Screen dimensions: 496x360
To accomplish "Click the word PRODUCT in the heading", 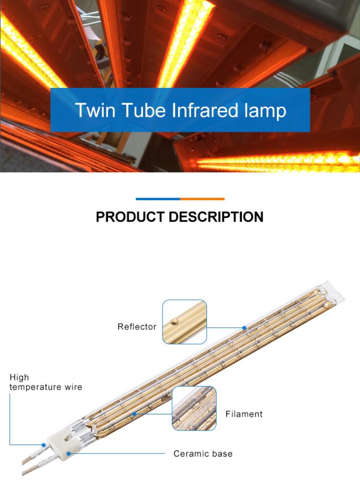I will pyautogui.click(x=130, y=217).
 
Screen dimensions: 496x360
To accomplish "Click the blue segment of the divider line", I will pyautogui.click(x=158, y=199).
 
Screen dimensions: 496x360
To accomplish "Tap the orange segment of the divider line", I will pyautogui.click(x=202, y=199).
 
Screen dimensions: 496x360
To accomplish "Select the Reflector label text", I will pyautogui.click(x=137, y=327).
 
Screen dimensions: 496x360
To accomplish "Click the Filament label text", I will pyautogui.click(x=244, y=414).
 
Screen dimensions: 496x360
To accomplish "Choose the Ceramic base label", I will pyautogui.click(x=203, y=454).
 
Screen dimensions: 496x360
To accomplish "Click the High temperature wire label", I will pyautogui.click(x=46, y=382).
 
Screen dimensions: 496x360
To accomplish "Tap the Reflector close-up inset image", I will pyautogui.click(x=184, y=322).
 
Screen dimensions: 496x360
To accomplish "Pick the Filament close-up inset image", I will pyautogui.click(x=194, y=408).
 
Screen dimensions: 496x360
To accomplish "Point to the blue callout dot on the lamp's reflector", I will pyautogui.click(x=245, y=327).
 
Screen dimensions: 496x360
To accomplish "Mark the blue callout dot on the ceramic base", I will pyautogui.click(x=69, y=454).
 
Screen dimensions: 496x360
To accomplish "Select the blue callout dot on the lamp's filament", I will pyautogui.click(x=134, y=414).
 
